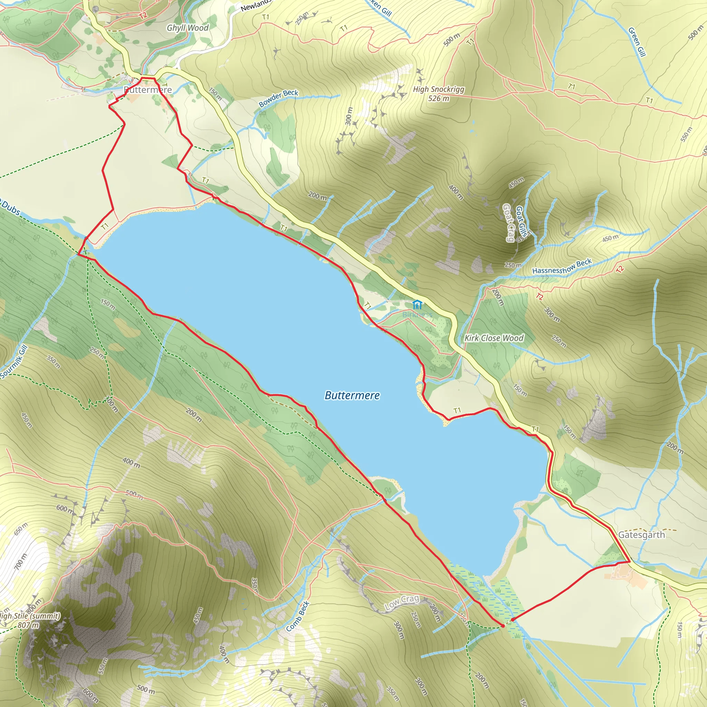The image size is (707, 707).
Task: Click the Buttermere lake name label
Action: (352, 395)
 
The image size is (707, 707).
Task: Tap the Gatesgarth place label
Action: (641, 535)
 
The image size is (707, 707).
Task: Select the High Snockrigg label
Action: (438, 89)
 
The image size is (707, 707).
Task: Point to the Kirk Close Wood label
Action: (494, 338)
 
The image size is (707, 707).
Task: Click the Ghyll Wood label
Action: (187, 28)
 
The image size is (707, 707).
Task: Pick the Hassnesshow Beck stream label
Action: (562, 266)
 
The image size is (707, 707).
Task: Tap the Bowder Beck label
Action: (279, 98)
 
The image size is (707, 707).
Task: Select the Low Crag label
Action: (401, 602)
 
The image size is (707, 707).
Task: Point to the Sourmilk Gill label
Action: (14, 362)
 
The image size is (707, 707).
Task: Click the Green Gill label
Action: (637, 42)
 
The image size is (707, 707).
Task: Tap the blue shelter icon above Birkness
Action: (417, 304)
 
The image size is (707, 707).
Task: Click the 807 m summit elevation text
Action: (28, 625)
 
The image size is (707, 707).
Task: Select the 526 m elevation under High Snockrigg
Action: (438, 98)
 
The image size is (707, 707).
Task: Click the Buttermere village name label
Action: (147, 90)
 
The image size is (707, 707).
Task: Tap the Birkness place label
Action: (417, 314)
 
